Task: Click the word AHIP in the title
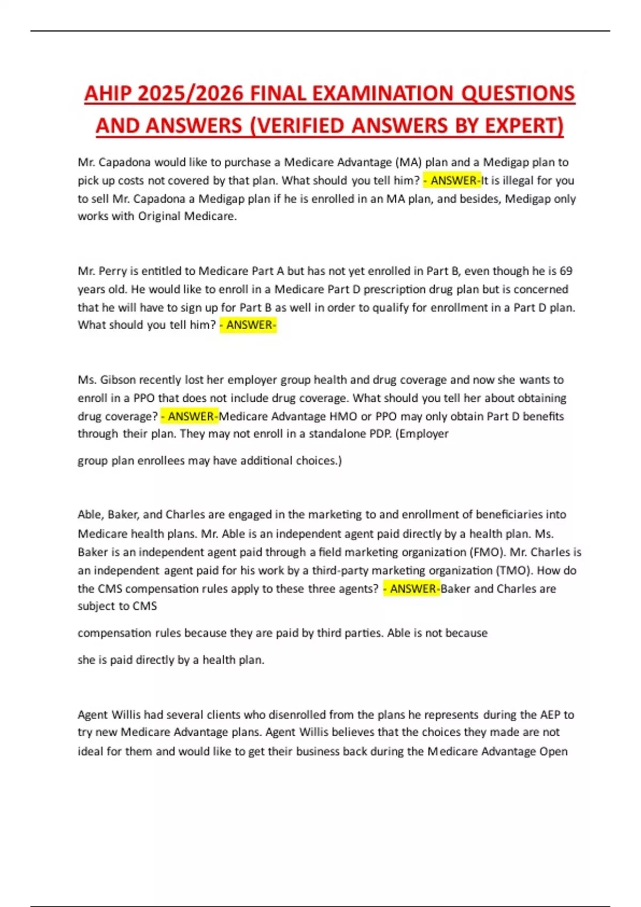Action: [x=107, y=93]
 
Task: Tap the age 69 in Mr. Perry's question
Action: [x=566, y=271]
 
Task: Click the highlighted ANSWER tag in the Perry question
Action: [x=248, y=325]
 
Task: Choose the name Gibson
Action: [x=118, y=380]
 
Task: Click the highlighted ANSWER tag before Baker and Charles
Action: [x=412, y=588]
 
